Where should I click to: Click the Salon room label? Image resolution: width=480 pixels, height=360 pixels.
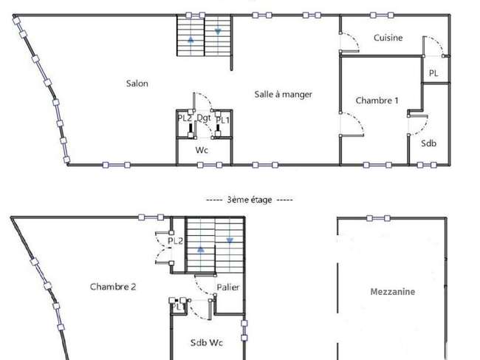click(137, 84)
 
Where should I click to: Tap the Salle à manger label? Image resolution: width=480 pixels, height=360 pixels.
click(283, 95)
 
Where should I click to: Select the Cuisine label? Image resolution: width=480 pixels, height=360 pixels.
click(388, 38)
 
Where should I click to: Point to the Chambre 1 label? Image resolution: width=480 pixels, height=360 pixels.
click(377, 101)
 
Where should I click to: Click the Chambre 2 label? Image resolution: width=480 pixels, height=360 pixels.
click(113, 287)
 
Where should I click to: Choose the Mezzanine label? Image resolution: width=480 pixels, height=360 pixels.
click(392, 292)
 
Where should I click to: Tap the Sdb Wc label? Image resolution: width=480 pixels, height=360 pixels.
click(206, 342)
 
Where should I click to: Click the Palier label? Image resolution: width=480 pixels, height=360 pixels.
click(227, 288)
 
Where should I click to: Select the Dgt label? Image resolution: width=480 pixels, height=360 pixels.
click(204, 118)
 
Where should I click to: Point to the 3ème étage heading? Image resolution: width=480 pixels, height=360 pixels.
click(249, 200)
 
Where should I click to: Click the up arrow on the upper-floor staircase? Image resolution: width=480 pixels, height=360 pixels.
click(191, 39)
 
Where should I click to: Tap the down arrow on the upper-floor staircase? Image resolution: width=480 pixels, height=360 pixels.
click(218, 31)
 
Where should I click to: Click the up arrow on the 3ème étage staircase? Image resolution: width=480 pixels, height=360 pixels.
click(201, 249)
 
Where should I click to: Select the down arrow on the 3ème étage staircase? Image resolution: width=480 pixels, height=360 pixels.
click(230, 241)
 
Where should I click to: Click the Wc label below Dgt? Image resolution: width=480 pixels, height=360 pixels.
click(202, 150)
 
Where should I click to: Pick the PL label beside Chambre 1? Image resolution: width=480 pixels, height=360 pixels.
click(433, 73)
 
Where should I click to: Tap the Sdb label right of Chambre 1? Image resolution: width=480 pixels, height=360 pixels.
click(428, 143)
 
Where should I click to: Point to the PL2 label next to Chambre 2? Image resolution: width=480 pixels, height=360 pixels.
click(175, 241)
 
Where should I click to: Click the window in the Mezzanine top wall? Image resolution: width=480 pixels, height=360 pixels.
click(378, 218)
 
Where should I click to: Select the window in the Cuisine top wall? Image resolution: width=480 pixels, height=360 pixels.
click(382, 15)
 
